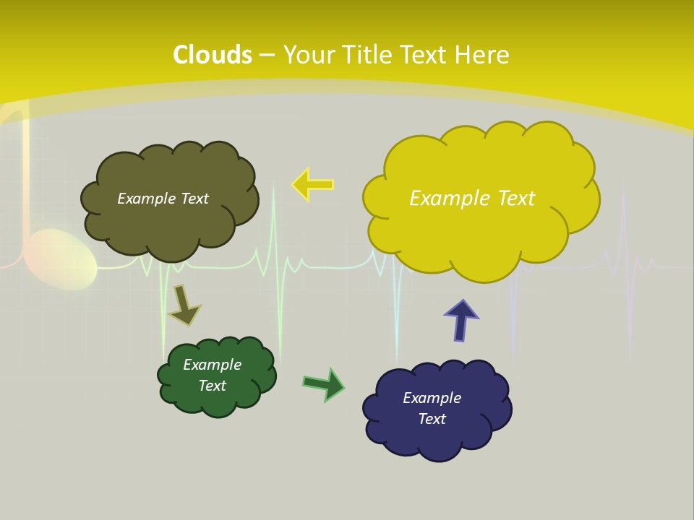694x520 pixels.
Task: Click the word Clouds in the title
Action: click(213, 55)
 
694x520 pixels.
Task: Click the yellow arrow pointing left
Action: click(312, 184)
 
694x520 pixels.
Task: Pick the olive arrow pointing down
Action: click(184, 305)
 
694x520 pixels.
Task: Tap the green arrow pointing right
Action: click(324, 383)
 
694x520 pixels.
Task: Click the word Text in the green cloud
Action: click(213, 386)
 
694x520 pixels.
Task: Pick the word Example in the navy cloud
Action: click(432, 398)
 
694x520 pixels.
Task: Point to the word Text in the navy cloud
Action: click(432, 419)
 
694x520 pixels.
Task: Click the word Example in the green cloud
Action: click(213, 365)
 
